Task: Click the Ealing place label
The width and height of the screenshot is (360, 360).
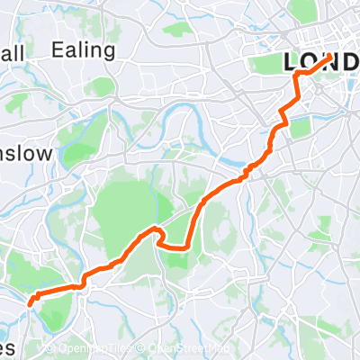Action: click(x=84, y=49)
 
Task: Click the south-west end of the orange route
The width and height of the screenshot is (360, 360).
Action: click(x=31, y=302)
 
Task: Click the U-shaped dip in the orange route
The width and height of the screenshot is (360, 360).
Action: click(x=171, y=241)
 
